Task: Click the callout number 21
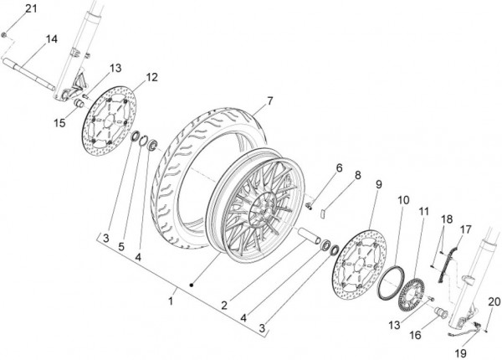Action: [x=31, y=8]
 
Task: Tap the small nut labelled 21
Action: [x=4, y=34]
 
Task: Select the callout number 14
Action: [x=52, y=39]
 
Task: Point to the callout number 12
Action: [x=152, y=77]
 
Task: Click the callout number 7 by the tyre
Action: [x=270, y=101]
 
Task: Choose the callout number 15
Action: [x=59, y=123]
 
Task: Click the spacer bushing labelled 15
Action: [x=79, y=104]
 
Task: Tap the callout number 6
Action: [x=339, y=168]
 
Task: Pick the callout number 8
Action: [x=357, y=175]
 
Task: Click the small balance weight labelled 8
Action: [x=323, y=213]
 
